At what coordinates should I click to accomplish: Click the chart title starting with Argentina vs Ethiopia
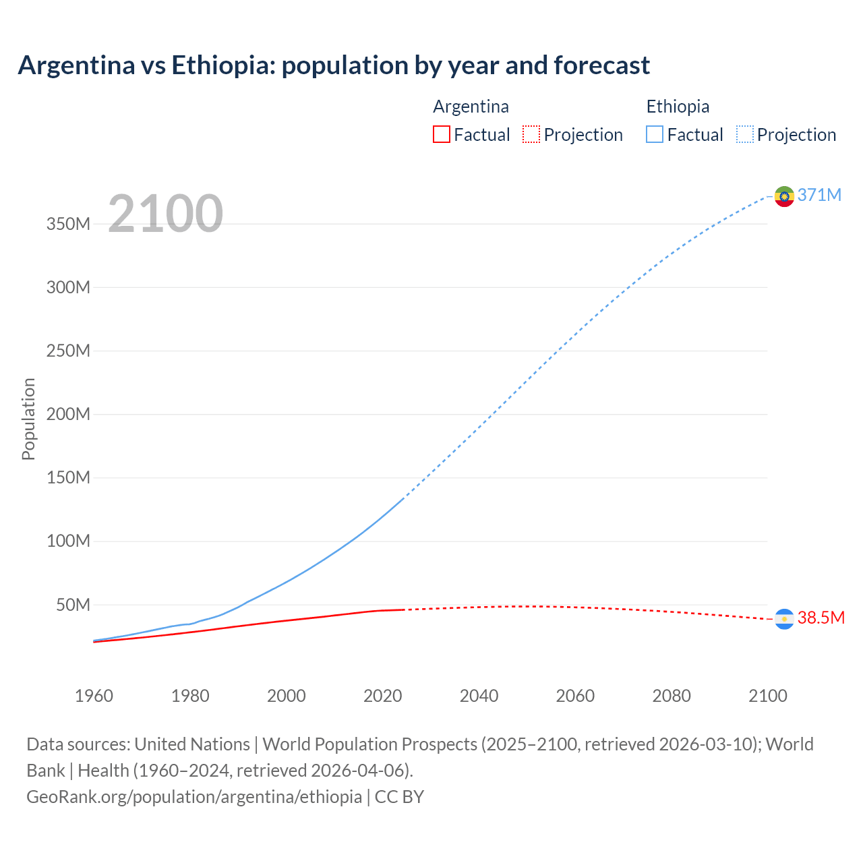click(334, 65)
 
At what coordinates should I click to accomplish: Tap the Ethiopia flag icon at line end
click(784, 196)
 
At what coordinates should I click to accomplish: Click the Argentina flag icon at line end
click(784, 619)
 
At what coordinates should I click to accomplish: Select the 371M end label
click(819, 196)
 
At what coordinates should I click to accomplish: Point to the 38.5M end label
click(821, 618)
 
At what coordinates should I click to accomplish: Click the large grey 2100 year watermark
click(165, 214)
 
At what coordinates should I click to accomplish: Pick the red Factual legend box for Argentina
click(442, 135)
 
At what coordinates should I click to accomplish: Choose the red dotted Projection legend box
click(531, 135)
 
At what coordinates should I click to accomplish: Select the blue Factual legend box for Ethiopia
click(655, 135)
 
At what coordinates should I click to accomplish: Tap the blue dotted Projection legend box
click(745, 135)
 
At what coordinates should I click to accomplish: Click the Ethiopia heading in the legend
click(678, 107)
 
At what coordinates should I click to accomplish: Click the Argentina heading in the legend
click(471, 107)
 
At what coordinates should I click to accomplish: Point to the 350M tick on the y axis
click(68, 225)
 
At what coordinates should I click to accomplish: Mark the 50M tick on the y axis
click(72, 605)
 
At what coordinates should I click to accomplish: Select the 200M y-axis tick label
click(68, 415)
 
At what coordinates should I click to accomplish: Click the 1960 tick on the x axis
click(94, 696)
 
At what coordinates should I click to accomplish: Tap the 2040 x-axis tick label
click(479, 696)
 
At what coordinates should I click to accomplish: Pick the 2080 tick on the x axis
click(672, 696)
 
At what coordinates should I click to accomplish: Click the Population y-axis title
click(28, 419)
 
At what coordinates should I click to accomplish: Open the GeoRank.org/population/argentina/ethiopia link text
click(194, 797)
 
